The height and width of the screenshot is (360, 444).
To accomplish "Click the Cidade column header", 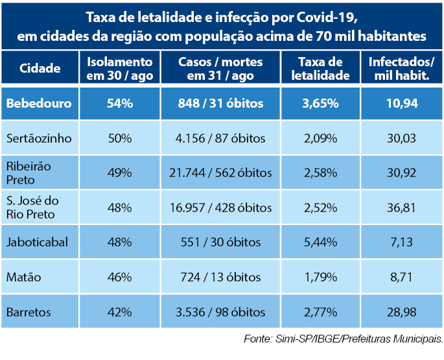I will click(x=40, y=68).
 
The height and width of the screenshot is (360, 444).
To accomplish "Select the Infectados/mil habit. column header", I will click(x=401, y=68).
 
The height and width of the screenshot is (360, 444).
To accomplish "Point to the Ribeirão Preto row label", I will click(x=29, y=173).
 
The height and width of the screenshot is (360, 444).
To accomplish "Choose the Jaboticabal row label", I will click(x=38, y=243).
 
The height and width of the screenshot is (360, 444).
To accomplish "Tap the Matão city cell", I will click(x=23, y=277).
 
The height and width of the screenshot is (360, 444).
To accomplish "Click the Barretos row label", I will click(x=29, y=312).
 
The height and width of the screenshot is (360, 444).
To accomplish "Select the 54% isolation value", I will click(x=120, y=103).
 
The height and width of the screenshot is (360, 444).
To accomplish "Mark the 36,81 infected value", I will click(x=400, y=208).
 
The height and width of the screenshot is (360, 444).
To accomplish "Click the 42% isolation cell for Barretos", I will click(x=120, y=312).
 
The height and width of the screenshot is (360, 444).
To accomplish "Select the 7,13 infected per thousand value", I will click(x=400, y=243).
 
